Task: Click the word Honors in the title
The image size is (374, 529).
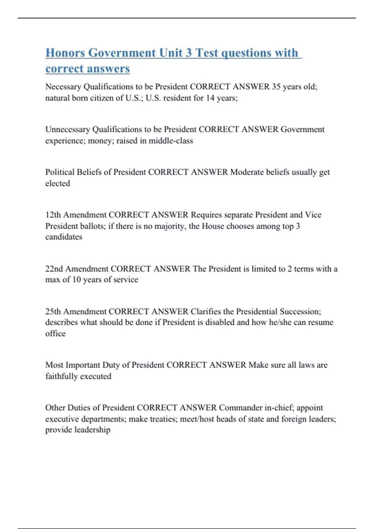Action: tap(65, 53)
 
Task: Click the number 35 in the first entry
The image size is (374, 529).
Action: tap(276, 87)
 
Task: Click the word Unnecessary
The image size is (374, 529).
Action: tap(68, 129)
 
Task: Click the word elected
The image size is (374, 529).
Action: tap(58, 183)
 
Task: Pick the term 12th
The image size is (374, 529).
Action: tap(53, 215)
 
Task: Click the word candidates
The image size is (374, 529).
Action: tap(64, 237)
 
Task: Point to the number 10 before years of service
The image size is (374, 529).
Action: tap(76, 279)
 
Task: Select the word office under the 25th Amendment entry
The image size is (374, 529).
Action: tap(55, 334)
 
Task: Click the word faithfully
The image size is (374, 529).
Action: tap(62, 376)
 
